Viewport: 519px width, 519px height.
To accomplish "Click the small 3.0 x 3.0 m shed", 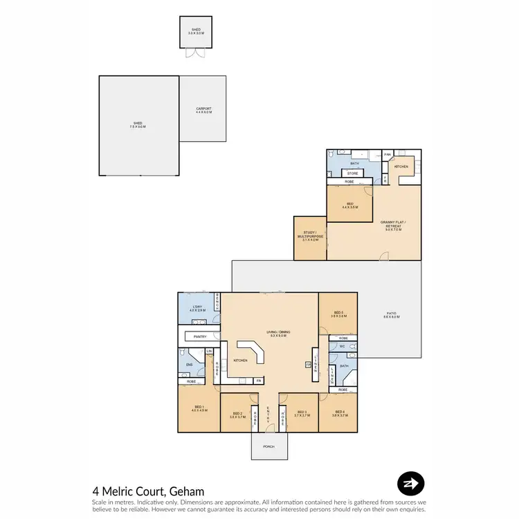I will coord(195,33).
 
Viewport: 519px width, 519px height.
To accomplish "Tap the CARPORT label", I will coord(203,109).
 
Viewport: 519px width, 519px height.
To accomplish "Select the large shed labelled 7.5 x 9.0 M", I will coord(138,126).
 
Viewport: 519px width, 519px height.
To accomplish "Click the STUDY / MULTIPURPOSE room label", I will coord(309,235).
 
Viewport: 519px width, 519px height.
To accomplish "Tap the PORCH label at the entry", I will coord(268,446).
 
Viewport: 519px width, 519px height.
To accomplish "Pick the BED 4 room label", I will coord(338,415).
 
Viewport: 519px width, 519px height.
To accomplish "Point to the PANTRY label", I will coord(201,337).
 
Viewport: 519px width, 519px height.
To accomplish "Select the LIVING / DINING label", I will coord(268,334).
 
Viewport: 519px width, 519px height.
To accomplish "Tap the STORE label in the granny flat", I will coord(352,173).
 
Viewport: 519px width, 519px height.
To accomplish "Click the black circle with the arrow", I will coord(410,484).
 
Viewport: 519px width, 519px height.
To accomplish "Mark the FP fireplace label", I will coord(309,364).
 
